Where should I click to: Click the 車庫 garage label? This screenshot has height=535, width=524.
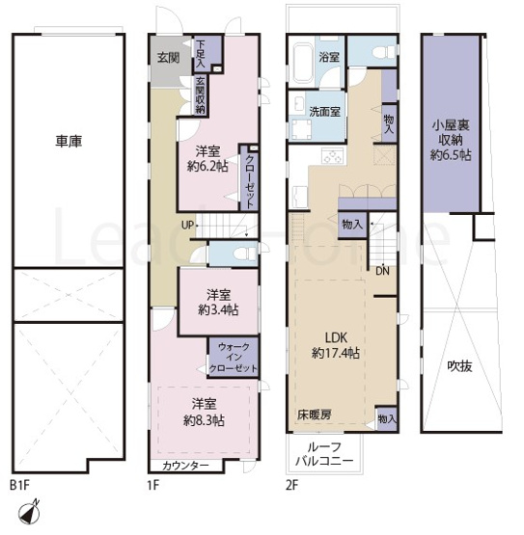68,142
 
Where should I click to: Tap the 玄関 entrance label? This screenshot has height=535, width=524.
169,58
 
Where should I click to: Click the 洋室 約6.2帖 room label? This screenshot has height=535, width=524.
207,158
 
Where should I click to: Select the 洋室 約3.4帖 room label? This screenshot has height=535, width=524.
219,302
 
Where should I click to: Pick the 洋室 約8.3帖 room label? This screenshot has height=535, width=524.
206,413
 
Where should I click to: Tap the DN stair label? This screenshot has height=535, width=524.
383,270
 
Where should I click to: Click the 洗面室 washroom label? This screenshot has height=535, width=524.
324,112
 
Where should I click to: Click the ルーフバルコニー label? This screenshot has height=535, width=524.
329,453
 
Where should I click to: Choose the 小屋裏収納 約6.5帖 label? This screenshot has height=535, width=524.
451,139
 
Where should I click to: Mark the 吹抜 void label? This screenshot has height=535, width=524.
459,366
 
